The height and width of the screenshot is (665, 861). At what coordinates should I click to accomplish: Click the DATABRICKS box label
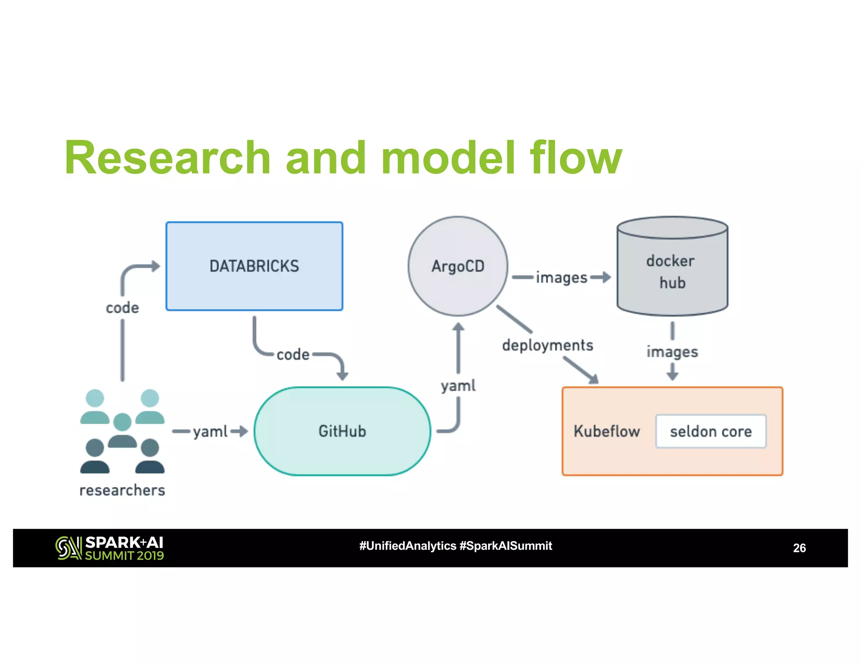pos(254,266)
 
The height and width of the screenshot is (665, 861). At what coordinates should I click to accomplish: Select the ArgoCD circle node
pos(458,266)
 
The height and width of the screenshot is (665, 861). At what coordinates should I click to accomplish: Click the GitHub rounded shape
pos(342,431)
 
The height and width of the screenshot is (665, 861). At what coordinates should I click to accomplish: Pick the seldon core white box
pos(710,431)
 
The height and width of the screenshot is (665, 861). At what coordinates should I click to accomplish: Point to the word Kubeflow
pos(607,431)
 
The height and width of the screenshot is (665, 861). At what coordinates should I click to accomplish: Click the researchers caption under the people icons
pos(122,490)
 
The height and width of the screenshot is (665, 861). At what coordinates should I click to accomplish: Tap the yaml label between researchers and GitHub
pos(210,431)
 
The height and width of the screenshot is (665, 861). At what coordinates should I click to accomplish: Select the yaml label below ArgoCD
pos(458,385)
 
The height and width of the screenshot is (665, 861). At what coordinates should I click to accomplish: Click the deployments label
pos(547,345)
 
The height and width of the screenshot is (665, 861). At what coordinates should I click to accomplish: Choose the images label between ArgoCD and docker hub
pos(561,277)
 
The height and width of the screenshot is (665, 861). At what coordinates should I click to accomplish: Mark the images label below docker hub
pos(672,351)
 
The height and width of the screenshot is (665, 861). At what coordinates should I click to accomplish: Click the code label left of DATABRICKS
pos(122,308)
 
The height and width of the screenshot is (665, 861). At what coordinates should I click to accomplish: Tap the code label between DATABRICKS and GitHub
pos(293,354)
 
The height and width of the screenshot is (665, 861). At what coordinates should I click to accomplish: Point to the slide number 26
pos(799,548)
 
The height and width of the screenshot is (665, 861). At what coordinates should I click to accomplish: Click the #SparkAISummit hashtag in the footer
pos(505,546)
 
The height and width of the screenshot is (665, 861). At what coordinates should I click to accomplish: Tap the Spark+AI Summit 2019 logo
pos(109,548)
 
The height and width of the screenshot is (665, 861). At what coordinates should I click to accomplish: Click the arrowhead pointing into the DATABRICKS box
pos(156,266)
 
